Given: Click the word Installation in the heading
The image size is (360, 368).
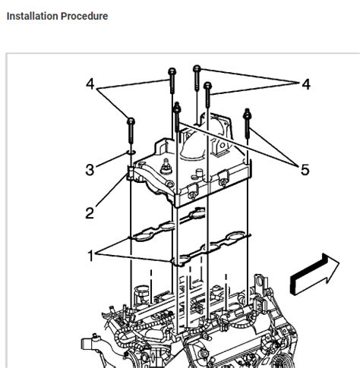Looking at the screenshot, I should pos(31,16).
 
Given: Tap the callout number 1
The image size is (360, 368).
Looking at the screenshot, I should pos(91,256).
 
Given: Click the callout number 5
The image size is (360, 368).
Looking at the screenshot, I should pos(305,170).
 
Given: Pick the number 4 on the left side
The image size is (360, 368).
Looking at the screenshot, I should pos(90,85).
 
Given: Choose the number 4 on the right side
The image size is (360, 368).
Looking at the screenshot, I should pos(306,85).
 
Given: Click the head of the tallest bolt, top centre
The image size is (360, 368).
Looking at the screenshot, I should pos(197,71).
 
